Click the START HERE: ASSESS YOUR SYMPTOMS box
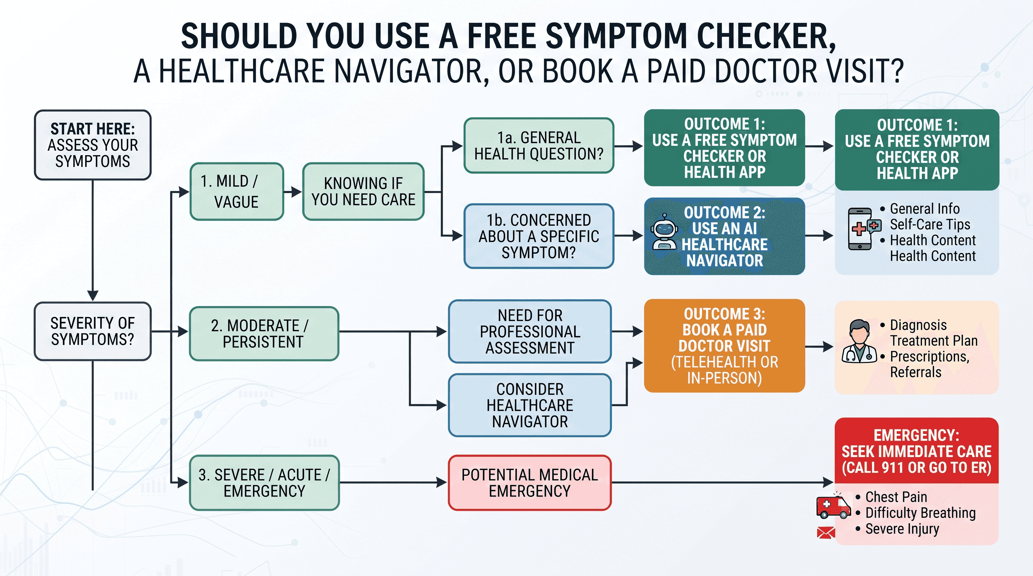click(x=93, y=145)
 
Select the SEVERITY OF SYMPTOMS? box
click(x=93, y=331)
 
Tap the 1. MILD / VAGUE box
click(x=236, y=192)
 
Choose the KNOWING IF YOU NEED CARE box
click(x=363, y=192)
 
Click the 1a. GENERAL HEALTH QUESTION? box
click(x=539, y=145)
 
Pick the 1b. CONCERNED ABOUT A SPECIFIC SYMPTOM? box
click(x=539, y=236)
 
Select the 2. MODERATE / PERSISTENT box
click(x=264, y=334)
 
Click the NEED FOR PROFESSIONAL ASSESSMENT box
click(x=530, y=331)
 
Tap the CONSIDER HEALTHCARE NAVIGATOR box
click(x=530, y=405)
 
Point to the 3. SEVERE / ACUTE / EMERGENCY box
click(x=264, y=483)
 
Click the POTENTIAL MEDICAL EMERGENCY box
click(x=530, y=483)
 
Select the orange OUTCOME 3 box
click(x=724, y=346)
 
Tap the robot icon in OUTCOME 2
click(x=664, y=232)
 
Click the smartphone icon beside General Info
click(x=863, y=229)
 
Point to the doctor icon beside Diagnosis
click(x=859, y=341)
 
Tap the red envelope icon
click(x=826, y=532)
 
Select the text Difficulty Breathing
click(x=920, y=513)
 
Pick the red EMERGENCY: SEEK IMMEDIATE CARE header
click(x=916, y=451)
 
